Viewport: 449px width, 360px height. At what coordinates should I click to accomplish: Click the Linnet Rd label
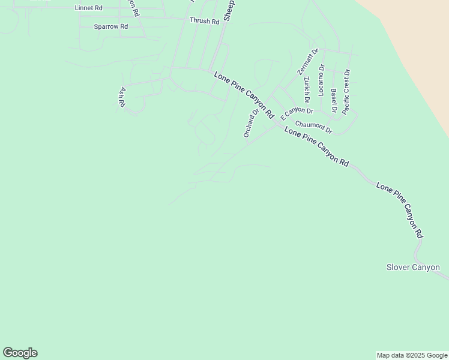click(89, 8)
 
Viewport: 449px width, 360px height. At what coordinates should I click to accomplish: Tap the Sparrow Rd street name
click(111, 27)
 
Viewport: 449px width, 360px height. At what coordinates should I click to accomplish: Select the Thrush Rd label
click(205, 21)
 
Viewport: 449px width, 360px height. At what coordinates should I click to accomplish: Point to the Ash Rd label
click(122, 97)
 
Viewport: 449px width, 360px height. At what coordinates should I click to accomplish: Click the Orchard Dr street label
click(252, 122)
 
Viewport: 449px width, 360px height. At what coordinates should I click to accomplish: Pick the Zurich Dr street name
click(307, 89)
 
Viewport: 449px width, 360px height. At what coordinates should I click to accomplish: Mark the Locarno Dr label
click(322, 81)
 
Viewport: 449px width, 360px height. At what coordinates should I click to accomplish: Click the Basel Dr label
click(333, 100)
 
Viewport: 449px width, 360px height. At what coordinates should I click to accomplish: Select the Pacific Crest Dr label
click(346, 92)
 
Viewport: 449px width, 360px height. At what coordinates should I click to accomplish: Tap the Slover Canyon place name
click(413, 268)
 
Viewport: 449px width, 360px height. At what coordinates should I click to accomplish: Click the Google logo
click(20, 353)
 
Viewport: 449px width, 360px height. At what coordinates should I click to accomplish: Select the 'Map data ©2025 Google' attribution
click(412, 355)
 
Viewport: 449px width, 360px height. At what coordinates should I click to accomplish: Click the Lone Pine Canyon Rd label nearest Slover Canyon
click(401, 211)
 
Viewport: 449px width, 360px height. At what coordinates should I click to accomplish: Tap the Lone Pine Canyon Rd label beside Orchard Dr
click(244, 95)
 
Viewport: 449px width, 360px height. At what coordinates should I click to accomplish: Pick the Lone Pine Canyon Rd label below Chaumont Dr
click(316, 146)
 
